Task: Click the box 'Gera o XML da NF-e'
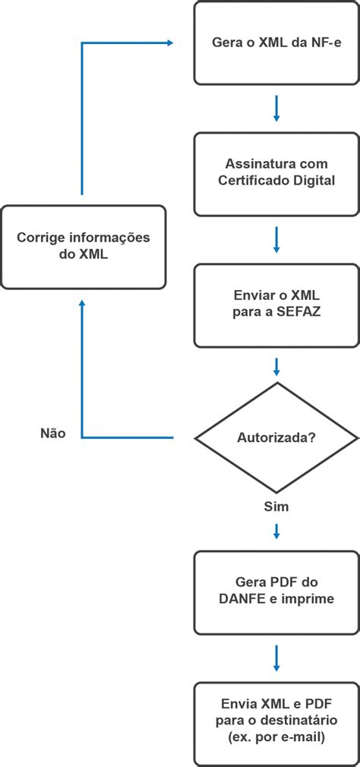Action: pyautogui.click(x=276, y=43)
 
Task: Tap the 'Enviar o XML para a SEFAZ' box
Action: pyautogui.click(x=276, y=305)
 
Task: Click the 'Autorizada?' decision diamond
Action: pyautogui.click(x=276, y=437)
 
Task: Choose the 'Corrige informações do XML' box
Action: pyautogui.click(x=84, y=247)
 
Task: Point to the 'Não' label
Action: pyautogui.click(x=53, y=434)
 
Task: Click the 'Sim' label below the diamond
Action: pyautogui.click(x=276, y=505)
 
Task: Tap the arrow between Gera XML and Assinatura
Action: pyautogui.click(x=276, y=109)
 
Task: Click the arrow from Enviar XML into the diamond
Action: pyautogui.click(x=276, y=367)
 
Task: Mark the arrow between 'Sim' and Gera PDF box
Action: pyautogui.click(x=276, y=531)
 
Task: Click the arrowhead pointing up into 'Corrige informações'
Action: pyautogui.click(x=82, y=304)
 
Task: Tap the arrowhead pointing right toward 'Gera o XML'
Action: pyautogui.click(x=169, y=43)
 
